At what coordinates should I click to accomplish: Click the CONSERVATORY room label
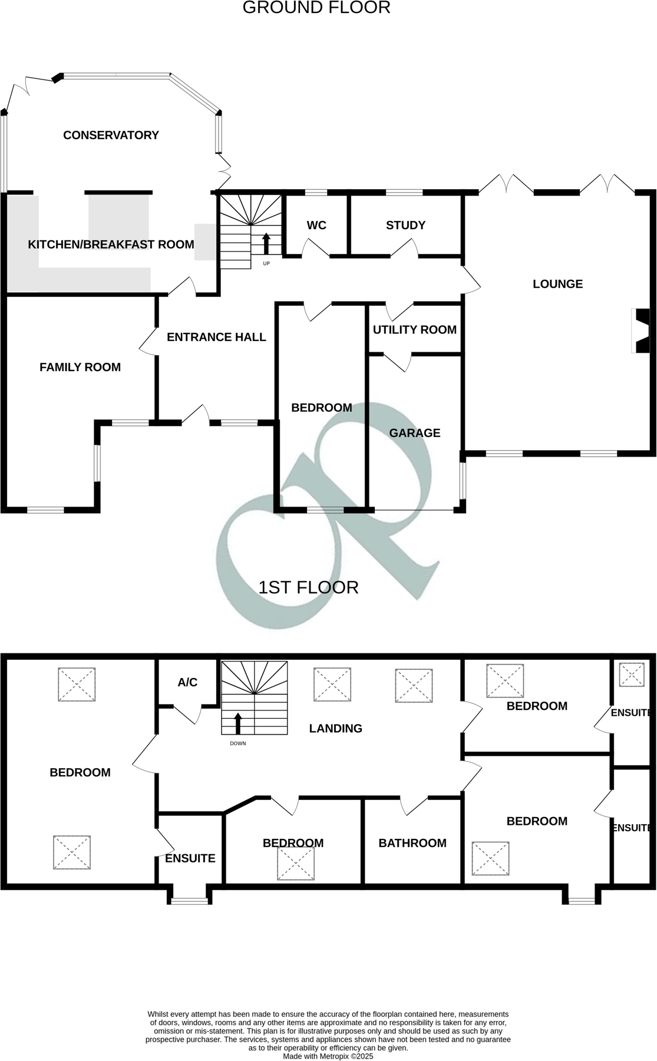tap(111, 135)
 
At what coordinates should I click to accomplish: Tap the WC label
tap(316, 226)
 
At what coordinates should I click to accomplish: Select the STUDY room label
tap(405, 226)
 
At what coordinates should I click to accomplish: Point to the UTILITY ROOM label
tap(414, 330)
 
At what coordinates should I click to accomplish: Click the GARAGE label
tap(414, 433)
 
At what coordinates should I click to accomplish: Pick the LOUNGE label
tap(557, 284)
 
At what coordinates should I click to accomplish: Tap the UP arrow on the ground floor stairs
tap(266, 243)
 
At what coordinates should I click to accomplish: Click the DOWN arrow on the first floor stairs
tap(238, 723)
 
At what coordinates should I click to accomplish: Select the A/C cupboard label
tap(187, 683)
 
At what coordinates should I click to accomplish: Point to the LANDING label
tap(335, 729)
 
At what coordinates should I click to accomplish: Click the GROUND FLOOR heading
tap(316, 8)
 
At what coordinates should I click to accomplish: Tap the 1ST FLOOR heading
tap(308, 587)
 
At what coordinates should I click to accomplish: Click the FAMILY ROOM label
tap(80, 368)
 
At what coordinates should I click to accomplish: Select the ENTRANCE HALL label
tap(216, 338)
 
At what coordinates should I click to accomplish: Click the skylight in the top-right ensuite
tap(631, 675)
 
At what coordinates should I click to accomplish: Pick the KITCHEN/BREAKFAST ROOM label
tap(111, 244)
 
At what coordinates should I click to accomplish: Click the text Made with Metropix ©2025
tap(328, 1056)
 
